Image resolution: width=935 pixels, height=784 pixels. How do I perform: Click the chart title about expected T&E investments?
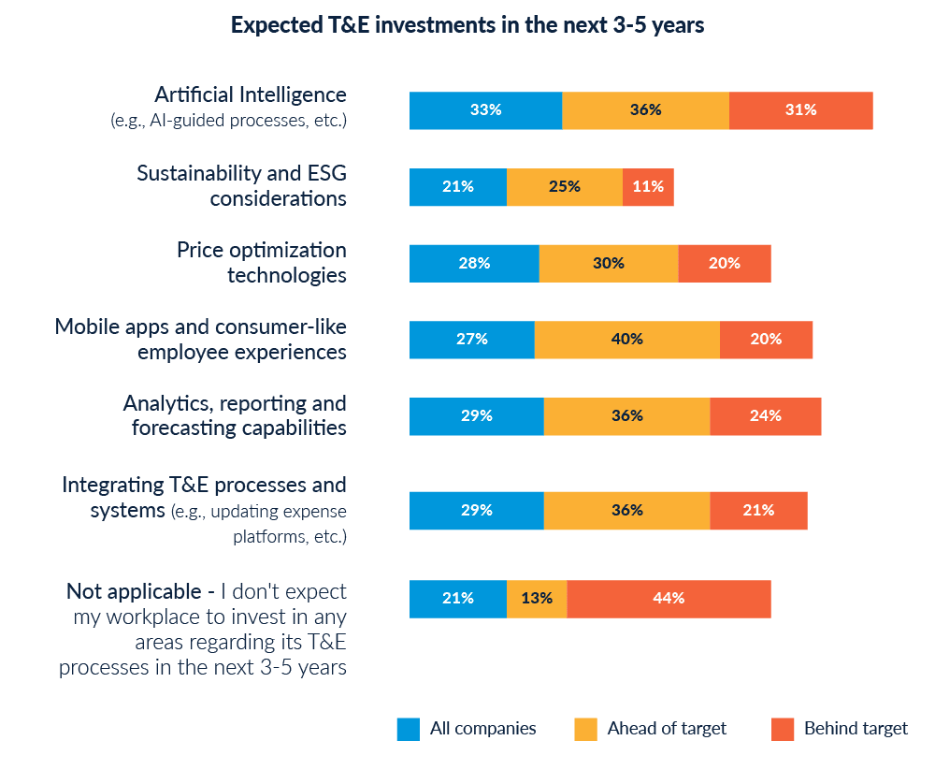coord(467,26)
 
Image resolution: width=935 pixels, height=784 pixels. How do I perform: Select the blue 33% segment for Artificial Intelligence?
coord(485,110)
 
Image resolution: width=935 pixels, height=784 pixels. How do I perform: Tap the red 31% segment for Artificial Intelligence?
coord(801,110)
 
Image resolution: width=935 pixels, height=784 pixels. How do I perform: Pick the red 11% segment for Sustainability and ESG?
coord(648,187)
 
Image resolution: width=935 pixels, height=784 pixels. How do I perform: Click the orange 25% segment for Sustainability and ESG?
coord(565,187)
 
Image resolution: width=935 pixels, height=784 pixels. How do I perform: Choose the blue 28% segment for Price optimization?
coord(474,264)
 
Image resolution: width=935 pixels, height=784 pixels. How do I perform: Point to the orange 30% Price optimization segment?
coord(609,264)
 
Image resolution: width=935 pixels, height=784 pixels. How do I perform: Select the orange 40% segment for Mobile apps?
coord(627,340)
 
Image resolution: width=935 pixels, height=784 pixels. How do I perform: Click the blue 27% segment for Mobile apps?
coord(471,340)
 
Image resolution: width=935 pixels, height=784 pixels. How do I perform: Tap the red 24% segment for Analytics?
coord(766,416)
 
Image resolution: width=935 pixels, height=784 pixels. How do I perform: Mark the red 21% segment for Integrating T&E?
coord(758,511)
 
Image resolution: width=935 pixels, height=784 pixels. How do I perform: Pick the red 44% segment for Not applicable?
coord(669,599)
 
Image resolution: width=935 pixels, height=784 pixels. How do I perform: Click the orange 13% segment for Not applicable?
coord(537,599)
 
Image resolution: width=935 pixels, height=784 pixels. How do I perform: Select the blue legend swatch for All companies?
coord(408,729)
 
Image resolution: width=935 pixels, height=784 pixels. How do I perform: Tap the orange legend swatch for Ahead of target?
coord(585,729)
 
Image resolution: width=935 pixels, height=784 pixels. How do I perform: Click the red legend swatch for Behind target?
coord(783,729)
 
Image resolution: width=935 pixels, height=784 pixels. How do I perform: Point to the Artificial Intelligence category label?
coord(251,95)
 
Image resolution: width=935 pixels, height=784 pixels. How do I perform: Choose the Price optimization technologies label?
coord(262,263)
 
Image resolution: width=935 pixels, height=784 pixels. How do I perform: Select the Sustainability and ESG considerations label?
coord(241,186)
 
